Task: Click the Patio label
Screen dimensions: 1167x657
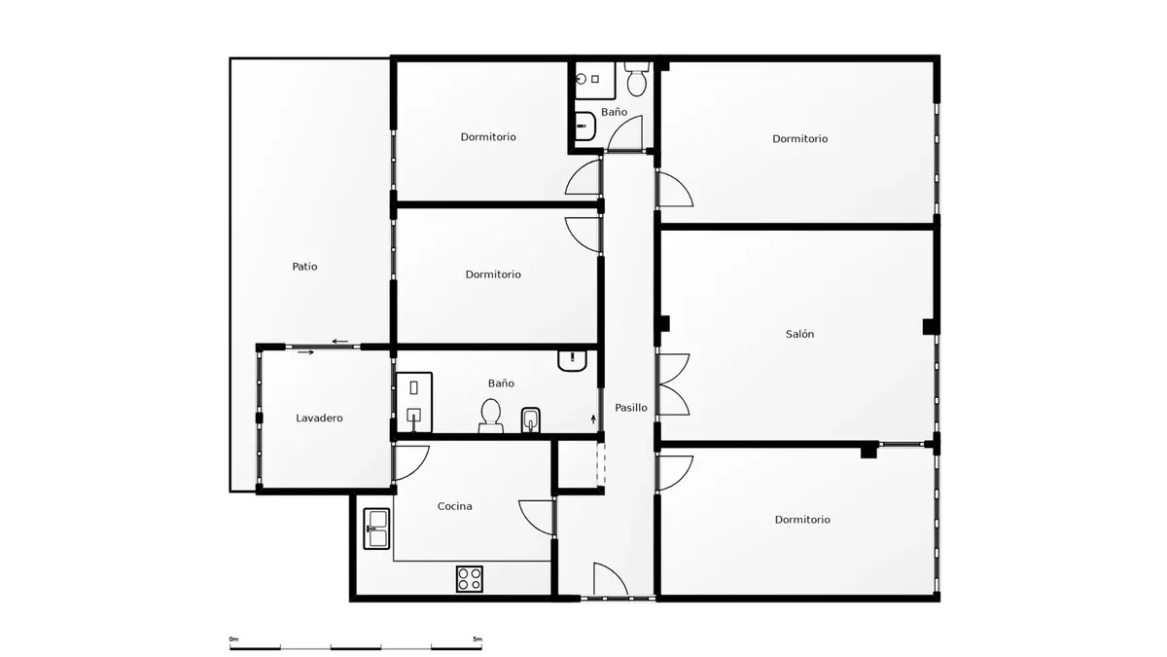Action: [x=304, y=267]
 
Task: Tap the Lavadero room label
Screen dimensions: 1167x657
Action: [x=319, y=418]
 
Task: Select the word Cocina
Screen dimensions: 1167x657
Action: [x=455, y=506]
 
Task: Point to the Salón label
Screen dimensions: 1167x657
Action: [x=799, y=334]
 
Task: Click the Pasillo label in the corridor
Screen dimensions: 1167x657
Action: [x=631, y=407]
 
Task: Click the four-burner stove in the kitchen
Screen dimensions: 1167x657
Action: [x=470, y=579]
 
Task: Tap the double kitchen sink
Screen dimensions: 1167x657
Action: [x=376, y=529]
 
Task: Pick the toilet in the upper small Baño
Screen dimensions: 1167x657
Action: [x=637, y=79]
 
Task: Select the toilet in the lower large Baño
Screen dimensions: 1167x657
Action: [x=491, y=417]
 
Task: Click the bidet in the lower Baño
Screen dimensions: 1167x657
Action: [x=531, y=420]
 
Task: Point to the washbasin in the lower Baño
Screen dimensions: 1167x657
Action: [x=572, y=360]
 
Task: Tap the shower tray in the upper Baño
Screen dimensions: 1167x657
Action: [x=594, y=80]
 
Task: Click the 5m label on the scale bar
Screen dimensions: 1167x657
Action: [x=477, y=639]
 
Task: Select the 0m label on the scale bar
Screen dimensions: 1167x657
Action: [x=234, y=639]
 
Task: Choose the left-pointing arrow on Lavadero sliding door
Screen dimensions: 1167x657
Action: [x=340, y=342]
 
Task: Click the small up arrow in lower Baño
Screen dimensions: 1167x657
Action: [x=593, y=419]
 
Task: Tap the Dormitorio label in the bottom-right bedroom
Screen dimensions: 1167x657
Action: [x=802, y=520]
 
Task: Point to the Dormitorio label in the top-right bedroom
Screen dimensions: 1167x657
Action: [x=799, y=138]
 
